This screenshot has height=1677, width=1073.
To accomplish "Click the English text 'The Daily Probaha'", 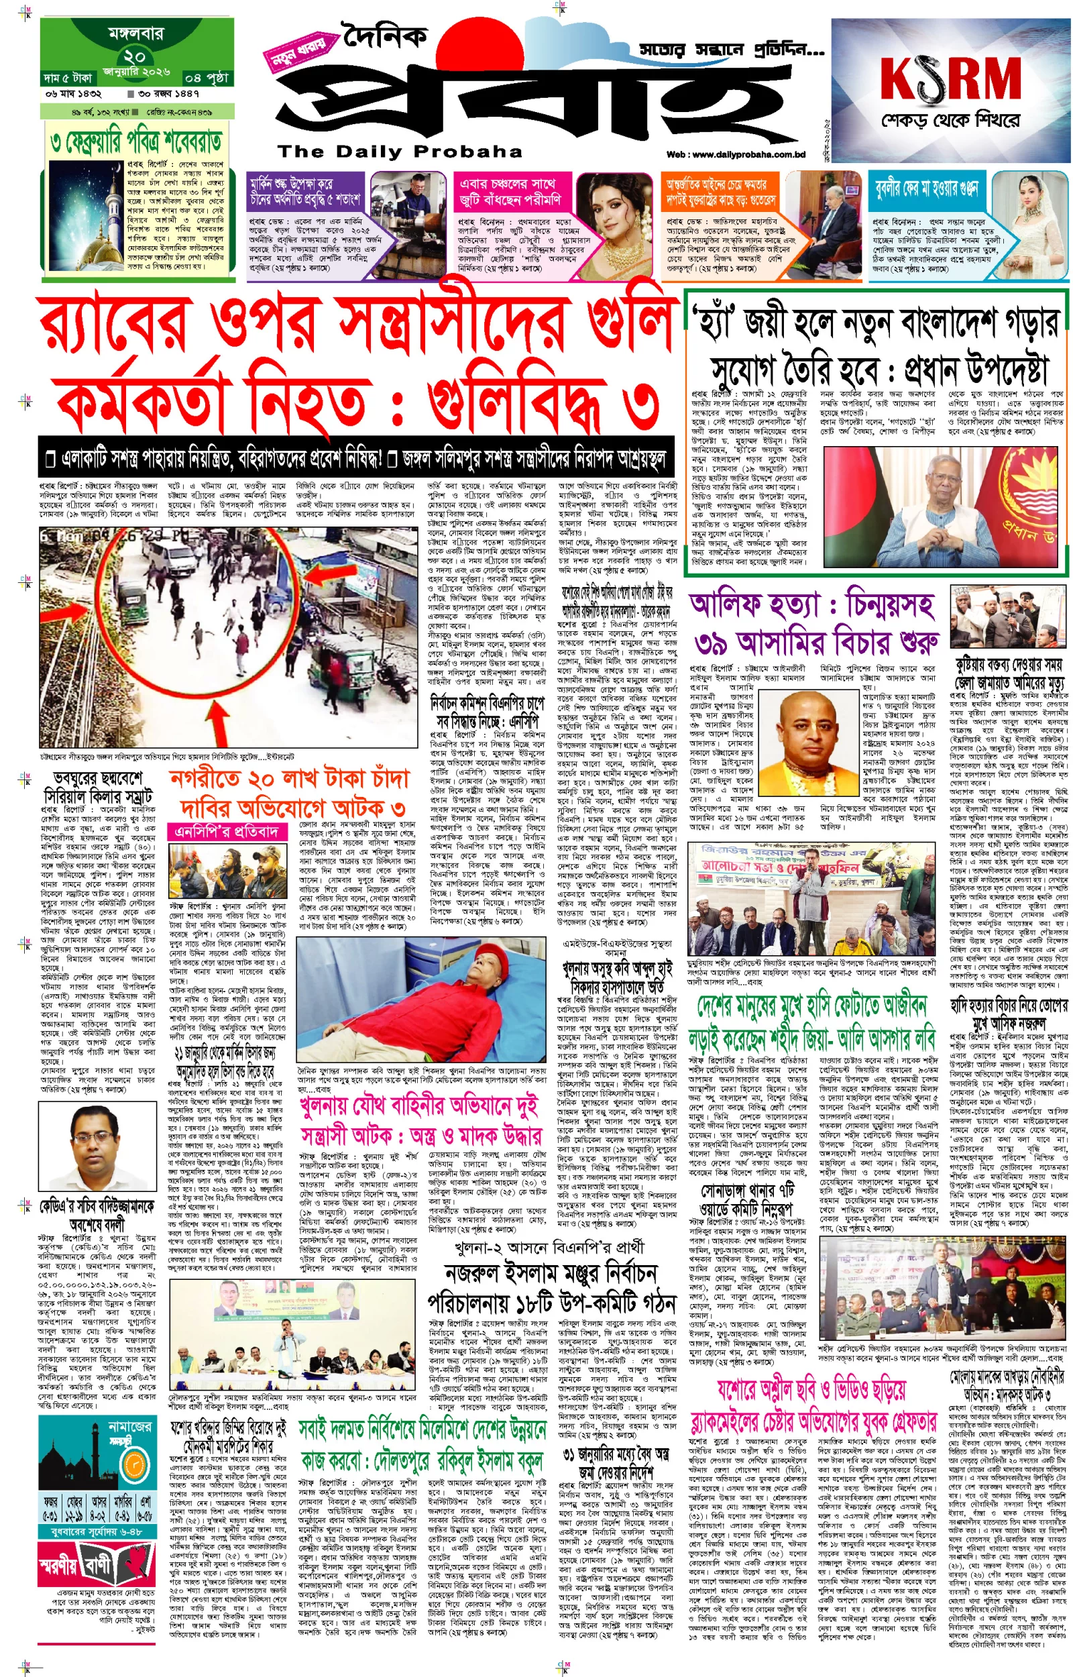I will [400, 151].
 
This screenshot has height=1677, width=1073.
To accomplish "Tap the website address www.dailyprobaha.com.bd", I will [736, 154].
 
